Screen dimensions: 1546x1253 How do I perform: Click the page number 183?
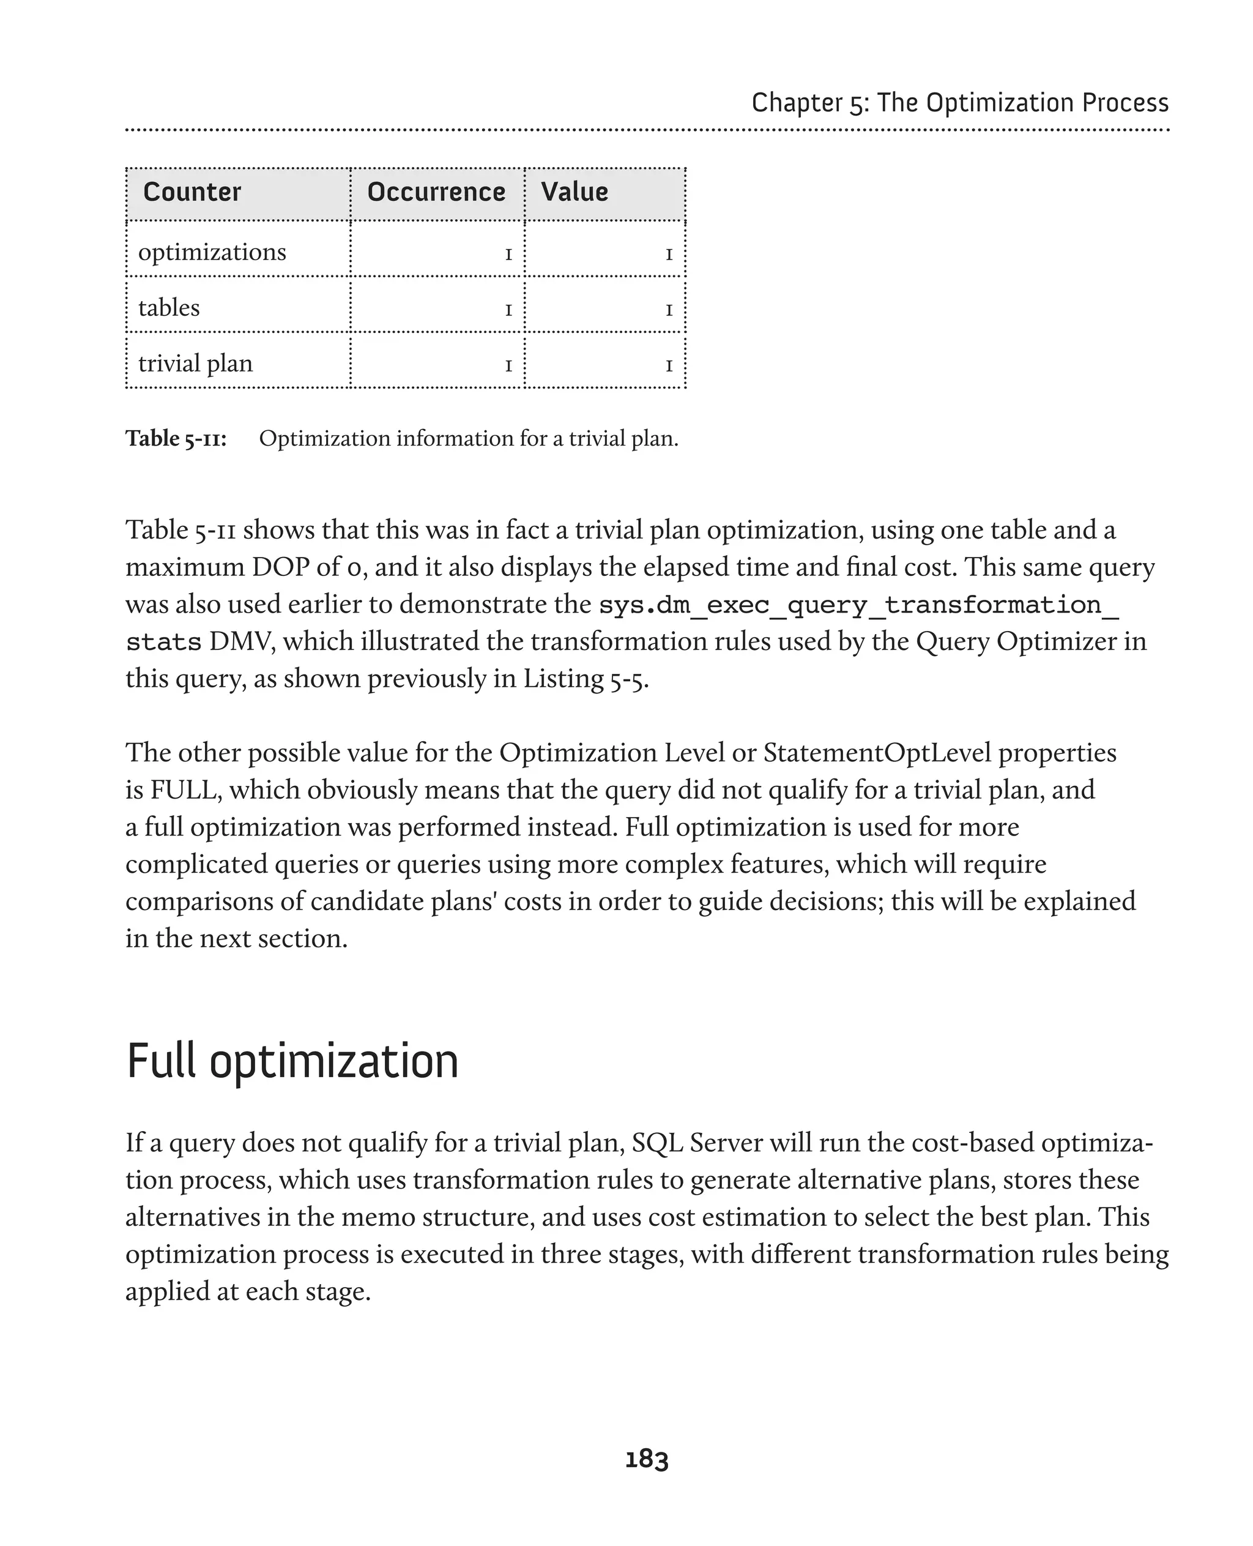point(646,1458)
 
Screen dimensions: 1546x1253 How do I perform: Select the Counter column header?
point(192,192)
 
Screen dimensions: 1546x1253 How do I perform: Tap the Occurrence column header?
point(436,192)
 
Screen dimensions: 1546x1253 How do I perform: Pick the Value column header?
point(574,192)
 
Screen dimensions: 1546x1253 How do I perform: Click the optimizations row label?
point(212,252)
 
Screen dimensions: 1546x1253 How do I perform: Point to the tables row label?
point(169,308)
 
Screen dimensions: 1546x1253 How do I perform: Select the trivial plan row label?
point(196,363)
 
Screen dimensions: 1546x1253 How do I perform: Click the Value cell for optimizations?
point(668,254)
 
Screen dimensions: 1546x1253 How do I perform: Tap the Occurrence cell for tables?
point(508,310)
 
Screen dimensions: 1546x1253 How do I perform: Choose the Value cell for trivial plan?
point(668,365)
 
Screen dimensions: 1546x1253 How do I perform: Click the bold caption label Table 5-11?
point(176,438)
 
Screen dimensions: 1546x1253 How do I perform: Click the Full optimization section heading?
point(292,1061)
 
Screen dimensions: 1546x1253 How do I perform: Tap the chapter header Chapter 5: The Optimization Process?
point(959,103)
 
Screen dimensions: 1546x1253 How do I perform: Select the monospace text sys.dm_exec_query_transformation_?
point(859,605)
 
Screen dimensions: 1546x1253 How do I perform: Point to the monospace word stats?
point(163,642)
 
